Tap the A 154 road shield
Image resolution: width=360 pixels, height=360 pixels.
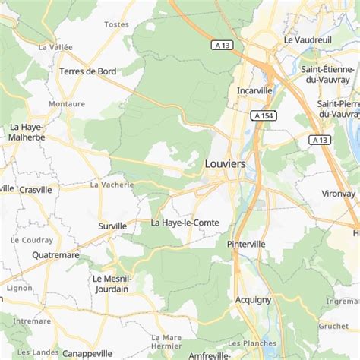pos(263,115)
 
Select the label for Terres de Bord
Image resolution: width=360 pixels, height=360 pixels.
pos(87,71)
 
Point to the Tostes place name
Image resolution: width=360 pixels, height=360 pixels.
pos(116,24)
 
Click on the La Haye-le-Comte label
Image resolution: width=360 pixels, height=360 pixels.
pos(185,223)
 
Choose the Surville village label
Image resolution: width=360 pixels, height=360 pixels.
pos(112,226)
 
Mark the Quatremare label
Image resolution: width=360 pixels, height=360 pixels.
pos(55,255)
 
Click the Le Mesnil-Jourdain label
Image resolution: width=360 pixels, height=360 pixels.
pos(111,283)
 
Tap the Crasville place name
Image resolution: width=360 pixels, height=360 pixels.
pos(36,189)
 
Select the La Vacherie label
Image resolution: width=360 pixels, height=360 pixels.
pos(112,184)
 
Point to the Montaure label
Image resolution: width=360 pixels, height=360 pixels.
pos(67,103)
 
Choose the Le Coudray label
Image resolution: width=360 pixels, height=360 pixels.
pos(31,239)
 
